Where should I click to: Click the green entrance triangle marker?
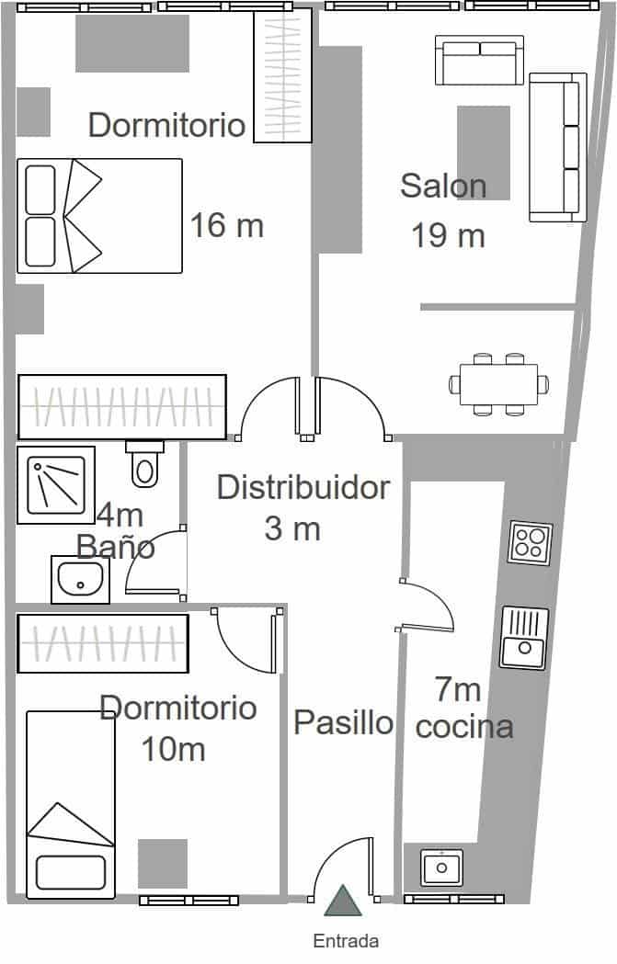pyautogui.click(x=344, y=902)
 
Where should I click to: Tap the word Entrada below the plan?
pyautogui.click(x=346, y=941)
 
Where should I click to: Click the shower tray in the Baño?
pyautogui.click(x=55, y=484)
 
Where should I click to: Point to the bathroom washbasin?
pyautogui.click(x=80, y=580)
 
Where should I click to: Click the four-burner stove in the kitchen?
pyautogui.click(x=531, y=543)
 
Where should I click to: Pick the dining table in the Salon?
pyautogui.click(x=498, y=384)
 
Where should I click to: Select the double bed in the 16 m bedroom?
pyautogui.click(x=99, y=216)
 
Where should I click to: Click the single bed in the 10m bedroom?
pyautogui.click(x=70, y=805)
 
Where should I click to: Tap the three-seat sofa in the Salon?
pyautogui.click(x=557, y=147)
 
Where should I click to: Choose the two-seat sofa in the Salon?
pyautogui.click(x=479, y=60)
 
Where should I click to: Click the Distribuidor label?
pyautogui.click(x=303, y=487)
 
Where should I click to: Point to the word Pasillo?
pyautogui.click(x=343, y=722)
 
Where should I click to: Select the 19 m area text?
pyautogui.click(x=448, y=235)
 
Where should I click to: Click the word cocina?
pyautogui.click(x=464, y=727)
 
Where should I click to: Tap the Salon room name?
pyautogui.click(x=443, y=186)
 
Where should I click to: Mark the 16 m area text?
pyautogui.click(x=226, y=224)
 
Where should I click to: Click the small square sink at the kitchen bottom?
pyautogui.click(x=441, y=867)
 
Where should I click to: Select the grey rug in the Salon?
pyautogui.click(x=484, y=152)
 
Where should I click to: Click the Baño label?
pyautogui.click(x=115, y=547)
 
